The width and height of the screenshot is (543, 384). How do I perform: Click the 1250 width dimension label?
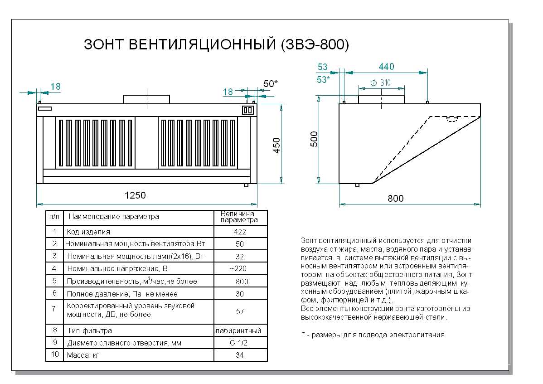pyautogui.click(x=135, y=195)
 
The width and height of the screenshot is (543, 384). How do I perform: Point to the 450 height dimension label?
pyautogui.click(x=277, y=145)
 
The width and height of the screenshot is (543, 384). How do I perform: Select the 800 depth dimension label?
pyautogui.click(x=395, y=199)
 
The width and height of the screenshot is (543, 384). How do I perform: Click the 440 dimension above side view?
pyautogui.click(x=386, y=67)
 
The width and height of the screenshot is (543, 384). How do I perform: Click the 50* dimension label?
pyautogui.click(x=271, y=83)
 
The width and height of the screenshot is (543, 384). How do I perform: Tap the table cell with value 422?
pyautogui.click(x=240, y=232)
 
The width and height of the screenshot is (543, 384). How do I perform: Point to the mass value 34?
pyautogui.click(x=240, y=355)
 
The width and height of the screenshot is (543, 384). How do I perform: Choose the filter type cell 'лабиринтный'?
pyautogui.click(x=240, y=331)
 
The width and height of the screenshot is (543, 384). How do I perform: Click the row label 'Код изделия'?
pyautogui.click(x=88, y=232)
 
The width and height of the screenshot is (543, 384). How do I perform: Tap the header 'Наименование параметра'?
pyautogui.click(x=114, y=217)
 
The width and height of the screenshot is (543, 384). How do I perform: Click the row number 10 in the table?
pyautogui.click(x=55, y=355)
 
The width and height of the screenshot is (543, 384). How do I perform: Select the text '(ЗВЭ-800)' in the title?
pyautogui.click(x=315, y=44)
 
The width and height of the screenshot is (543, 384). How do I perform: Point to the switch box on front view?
pyautogui.click(x=248, y=110)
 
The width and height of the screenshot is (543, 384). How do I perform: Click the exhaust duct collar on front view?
pyautogui.click(x=147, y=99)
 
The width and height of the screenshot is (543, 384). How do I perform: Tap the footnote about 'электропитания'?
pyautogui.click(x=374, y=335)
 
